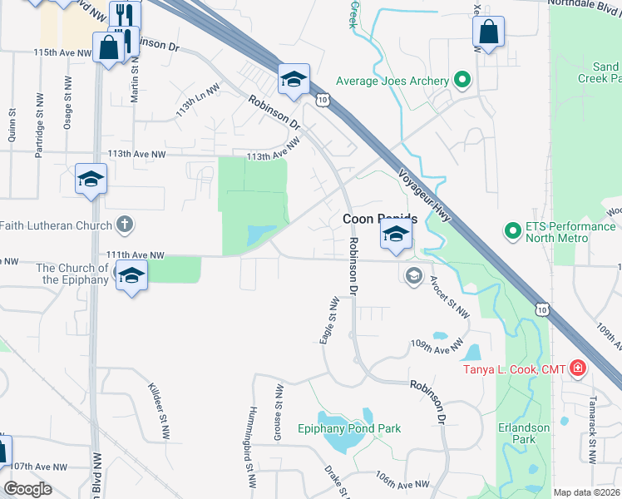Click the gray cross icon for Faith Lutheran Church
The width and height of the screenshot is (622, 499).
[124, 225]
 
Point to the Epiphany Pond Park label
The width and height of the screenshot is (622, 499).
[349, 428]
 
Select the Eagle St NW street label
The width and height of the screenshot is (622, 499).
[334, 321]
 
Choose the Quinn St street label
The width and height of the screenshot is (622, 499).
[12, 124]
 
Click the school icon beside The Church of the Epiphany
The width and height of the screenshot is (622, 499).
[131, 276]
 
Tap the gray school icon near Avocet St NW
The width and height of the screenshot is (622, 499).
[413, 274]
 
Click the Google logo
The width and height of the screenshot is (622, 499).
[27, 489]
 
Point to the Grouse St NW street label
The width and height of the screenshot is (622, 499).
[279, 403]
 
